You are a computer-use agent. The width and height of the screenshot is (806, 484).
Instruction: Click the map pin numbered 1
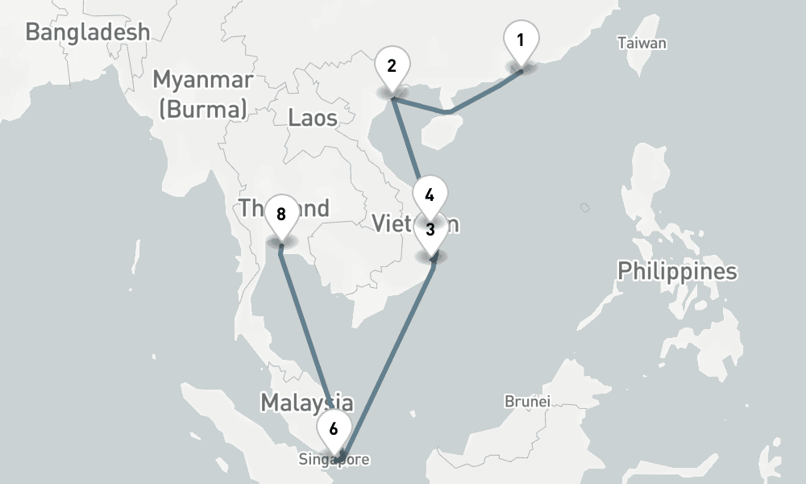521,40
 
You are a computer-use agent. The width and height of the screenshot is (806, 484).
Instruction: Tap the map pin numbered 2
392,67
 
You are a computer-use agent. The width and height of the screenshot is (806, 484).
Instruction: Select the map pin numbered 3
430,231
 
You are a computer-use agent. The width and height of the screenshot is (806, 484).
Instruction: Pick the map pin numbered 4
430,195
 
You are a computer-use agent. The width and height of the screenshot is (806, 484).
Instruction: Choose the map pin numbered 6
334,429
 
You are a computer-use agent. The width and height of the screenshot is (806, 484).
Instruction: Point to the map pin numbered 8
280,215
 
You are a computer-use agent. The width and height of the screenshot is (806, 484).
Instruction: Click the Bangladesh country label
87,32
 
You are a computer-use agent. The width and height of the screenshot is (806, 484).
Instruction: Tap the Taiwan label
642,44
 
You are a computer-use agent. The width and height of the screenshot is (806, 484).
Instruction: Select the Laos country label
312,118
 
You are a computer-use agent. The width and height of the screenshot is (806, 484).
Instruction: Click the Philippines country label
677,271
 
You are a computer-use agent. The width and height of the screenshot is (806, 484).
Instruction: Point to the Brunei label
527,401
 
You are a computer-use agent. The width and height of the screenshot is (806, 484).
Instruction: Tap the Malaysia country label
306,403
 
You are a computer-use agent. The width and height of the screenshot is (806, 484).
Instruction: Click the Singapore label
334,461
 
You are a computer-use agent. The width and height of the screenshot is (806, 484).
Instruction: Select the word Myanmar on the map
202,81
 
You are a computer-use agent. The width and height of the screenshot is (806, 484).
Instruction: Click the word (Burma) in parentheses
202,109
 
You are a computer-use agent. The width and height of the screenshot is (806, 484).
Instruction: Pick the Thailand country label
284,208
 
